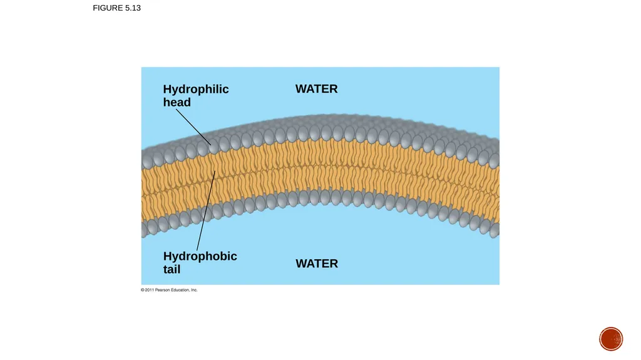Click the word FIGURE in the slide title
click(x=108, y=8)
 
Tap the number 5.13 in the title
click(x=133, y=8)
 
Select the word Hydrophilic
click(x=196, y=89)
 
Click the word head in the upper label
click(x=177, y=102)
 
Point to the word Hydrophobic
click(x=200, y=257)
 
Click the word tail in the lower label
click(x=172, y=269)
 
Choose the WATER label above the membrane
click(x=316, y=89)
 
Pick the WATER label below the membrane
click(x=317, y=264)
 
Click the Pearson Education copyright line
click(x=169, y=290)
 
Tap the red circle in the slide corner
click(x=611, y=339)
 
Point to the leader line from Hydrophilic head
click(x=193, y=127)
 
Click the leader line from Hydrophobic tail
click(x=206, y=211)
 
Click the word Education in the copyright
click(x=180, y=290)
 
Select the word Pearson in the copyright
click(x=163, y=290)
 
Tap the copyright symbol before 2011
click(x=143, y=290)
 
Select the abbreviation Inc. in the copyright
click(x=194, y=290)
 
